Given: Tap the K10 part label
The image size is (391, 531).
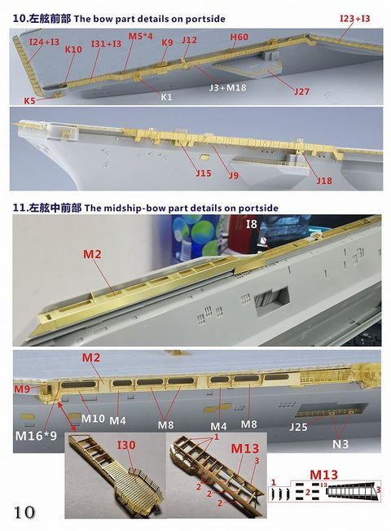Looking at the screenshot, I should coord(73,50).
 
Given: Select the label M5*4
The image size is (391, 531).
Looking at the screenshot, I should coord(139,37).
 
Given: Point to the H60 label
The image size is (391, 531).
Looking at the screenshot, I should coord(239,37).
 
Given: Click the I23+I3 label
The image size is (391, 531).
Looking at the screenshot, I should coord(354,17).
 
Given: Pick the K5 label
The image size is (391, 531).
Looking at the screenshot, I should coord(29,101).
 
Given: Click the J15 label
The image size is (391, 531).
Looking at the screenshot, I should coord(203,172).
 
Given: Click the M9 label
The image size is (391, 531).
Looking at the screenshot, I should coord(23,389).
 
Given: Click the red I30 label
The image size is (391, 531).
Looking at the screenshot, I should coord(127,446).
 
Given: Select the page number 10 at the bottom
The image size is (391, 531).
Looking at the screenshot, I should coord(24,511).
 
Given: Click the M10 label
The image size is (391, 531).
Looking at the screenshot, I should coord(93,419).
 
